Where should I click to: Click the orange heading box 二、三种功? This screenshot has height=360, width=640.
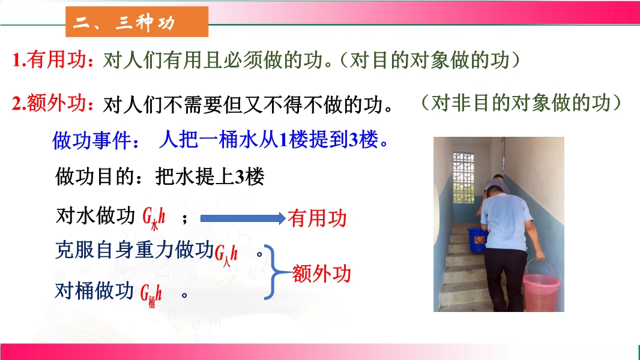click(137, 22)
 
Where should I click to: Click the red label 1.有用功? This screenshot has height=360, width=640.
click(50, 60)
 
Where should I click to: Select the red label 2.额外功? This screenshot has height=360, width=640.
click(50, 103)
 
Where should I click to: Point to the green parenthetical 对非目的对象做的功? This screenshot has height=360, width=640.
click(521, 103)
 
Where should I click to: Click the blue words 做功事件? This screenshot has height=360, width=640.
click(92, 140)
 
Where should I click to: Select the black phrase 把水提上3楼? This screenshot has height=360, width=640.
click(210, 176)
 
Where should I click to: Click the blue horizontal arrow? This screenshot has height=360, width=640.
click(243, 218)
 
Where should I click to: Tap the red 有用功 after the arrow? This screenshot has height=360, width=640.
click(317, 218)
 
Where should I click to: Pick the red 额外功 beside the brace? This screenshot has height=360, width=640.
click(322, 274)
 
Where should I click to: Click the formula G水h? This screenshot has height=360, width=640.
click(154, 218)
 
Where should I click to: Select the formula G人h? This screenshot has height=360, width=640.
click(226, 255)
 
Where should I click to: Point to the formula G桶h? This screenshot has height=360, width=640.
click(151, 295)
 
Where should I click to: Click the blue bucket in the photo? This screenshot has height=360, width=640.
click(477, 240)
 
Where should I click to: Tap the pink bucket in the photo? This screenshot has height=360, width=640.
click(542, 292)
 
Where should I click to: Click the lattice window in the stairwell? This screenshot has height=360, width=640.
click(463, 178)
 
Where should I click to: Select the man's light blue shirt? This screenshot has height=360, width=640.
click(506, 222)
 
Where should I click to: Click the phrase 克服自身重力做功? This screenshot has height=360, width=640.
click(134, 250)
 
